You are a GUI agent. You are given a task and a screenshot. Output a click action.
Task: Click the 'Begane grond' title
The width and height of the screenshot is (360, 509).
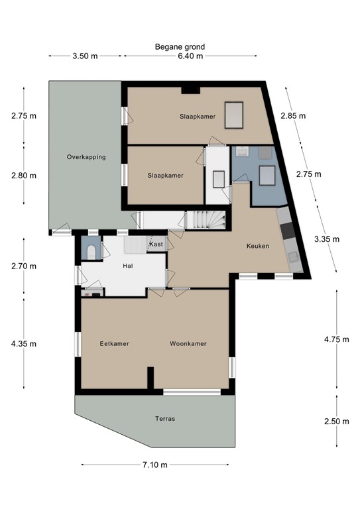(x=180, y=47)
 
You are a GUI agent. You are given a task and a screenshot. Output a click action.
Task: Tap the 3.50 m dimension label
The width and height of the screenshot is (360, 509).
(x=85, y=56)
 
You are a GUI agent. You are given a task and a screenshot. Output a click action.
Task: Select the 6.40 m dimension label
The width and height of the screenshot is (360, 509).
(x=190, y=56)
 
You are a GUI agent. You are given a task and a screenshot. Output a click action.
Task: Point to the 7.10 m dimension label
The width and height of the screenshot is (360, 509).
(x=155, y=465)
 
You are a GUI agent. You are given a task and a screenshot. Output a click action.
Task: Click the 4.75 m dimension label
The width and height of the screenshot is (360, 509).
(x=337, y=339)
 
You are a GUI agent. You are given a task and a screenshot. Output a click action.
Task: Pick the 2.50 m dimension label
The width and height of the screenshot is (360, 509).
(x=337, y=422)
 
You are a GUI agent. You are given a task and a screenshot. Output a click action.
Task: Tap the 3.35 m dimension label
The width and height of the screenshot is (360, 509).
(x=327, y=239)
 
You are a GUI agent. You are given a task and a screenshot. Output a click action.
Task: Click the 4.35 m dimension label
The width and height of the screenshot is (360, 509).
(x=24, y=344)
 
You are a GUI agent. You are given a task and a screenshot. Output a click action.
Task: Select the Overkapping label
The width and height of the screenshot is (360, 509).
(x=86, y=157)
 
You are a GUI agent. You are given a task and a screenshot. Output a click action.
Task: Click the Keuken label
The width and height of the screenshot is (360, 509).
(x=258, y=246)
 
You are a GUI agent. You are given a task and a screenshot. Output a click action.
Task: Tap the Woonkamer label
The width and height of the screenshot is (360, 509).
(x=188, y=343)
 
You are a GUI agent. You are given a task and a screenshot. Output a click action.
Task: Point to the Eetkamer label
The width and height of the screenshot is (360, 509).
(x=114, y=343)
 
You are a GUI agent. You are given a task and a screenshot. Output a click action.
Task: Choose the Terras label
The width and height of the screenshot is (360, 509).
(x=165, y=419)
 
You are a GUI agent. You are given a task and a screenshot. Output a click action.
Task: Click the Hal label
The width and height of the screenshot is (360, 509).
(x=128, y=266)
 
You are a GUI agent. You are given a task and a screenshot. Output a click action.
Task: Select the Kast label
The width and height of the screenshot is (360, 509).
(x=156, y=244)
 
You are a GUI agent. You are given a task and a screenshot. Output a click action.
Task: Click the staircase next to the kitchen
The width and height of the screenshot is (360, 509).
(x=206, y=220)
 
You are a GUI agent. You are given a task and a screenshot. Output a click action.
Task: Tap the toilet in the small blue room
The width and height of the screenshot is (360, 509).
(x=91, y=253)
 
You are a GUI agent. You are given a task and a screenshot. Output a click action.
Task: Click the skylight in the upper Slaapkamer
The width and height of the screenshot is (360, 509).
(x=234, y=115)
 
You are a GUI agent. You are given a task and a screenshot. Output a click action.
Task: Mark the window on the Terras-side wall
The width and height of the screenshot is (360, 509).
(x=192, y=392)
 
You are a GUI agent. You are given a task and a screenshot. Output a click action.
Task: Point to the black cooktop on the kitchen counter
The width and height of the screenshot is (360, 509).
(x=288, y=230)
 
